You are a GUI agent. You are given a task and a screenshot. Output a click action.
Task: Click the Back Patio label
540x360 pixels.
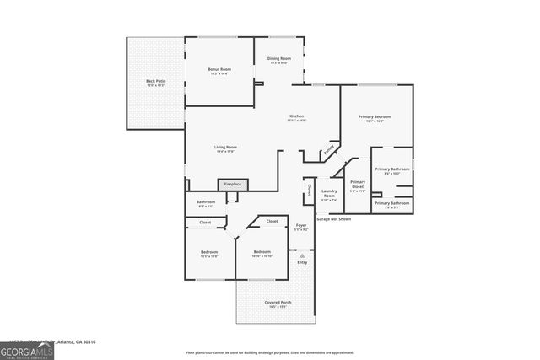(x=156, y=83)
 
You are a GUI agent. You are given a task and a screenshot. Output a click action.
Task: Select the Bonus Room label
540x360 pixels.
(x=219, y=71)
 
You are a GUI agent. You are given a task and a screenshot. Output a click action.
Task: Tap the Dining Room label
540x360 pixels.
(x=279, y=59)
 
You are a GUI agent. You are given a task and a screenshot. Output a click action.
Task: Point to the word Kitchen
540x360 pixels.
(x=296, y=116)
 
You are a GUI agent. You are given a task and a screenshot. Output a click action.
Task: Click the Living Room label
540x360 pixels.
(x=224, y=148)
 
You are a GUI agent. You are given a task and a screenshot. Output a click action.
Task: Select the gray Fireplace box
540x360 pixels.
(x=232, y=184)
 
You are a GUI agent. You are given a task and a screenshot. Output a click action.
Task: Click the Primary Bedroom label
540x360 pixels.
(x=375, y=118)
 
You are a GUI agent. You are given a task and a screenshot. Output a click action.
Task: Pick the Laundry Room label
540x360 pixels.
(x=329, y=194)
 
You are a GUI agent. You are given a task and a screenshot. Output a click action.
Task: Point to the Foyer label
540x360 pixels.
(x=301, y=225)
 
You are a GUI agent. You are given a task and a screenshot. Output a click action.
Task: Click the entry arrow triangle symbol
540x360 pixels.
(x=302, y=254)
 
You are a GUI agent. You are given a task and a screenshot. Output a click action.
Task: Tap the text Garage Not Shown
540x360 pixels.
(x=333, y=218)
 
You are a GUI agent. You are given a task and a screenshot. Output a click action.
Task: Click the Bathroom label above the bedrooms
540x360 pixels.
(x=206, y=202)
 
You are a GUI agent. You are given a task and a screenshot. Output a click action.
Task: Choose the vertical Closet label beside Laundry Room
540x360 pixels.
(x=310, y=190)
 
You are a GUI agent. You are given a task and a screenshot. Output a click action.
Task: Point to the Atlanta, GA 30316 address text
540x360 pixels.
(x=76, y=341)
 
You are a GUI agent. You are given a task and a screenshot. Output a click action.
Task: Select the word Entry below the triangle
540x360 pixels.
(x=302, y=262)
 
